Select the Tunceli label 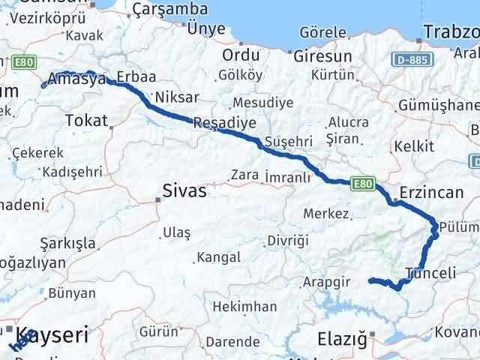[x=430, y=274]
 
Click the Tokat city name [x=86, y=120]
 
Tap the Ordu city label [x=241, y=56]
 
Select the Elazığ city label [x=347, y=339]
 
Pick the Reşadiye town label [x=224, y=123]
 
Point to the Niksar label [x=175, y=97]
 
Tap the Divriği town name [x=288, y=241]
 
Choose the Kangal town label [x=218, y=257]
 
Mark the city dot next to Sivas [x=157, y=199]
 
